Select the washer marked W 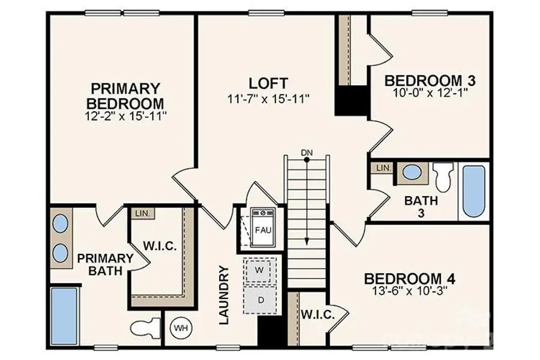(x=260, y=271)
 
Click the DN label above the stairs (x=307, y=154)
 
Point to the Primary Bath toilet (x=145, y=328)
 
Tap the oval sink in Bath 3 (x=411, y=172)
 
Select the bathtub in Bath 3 (x=473, y=191)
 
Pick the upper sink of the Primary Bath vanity (x=60, y=223)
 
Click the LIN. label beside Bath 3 (x=383, y=168)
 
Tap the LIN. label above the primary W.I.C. (x=142, y=213)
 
